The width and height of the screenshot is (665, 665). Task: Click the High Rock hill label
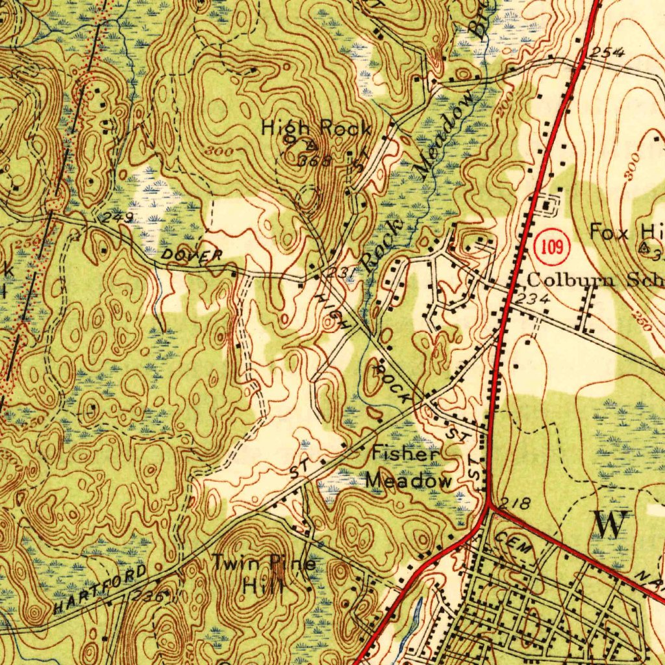point(316,129)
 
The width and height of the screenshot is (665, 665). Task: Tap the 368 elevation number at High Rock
point(316,160)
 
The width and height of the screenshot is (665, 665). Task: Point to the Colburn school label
point(594,281)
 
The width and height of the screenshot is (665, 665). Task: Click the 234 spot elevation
point(536,298)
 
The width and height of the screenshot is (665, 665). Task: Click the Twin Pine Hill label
point(264,573)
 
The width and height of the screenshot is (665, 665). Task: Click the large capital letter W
point(609,523)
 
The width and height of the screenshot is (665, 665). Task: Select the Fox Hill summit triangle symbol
point(645,247)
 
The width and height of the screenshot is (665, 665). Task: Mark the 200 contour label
point(506,103)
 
